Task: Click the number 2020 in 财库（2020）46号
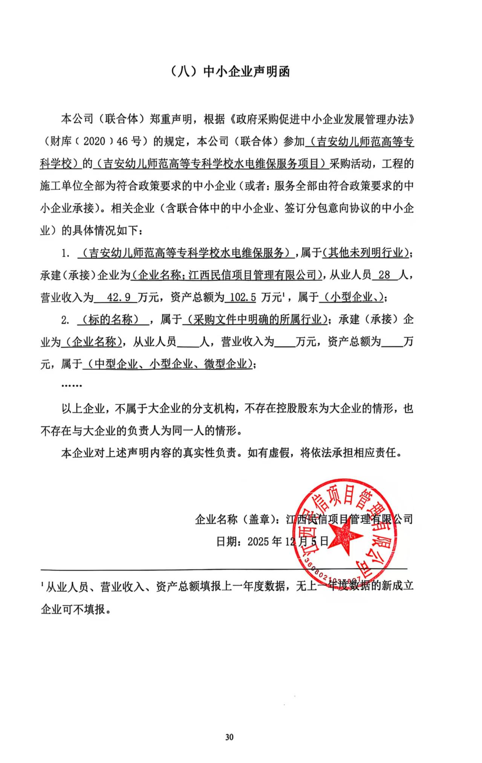click(x=95, y=142)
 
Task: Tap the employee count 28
click(x=384, y=275)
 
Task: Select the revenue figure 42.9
click(x=119, y=298)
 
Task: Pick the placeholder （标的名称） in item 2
click(x=113, y=320)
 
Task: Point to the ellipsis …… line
click(x=72, y=386)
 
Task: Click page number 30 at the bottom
click(x=229, y=737)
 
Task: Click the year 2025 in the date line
click(x=258, y=542)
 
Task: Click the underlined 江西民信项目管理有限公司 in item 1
click(x=252, y=275)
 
